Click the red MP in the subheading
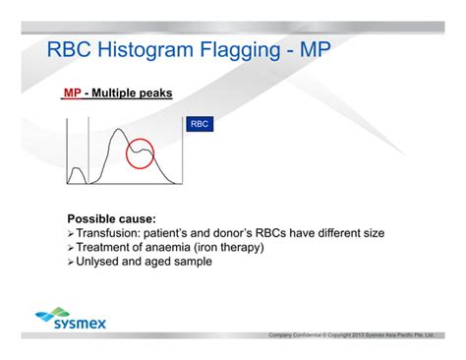(x=71, y=93)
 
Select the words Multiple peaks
(x=134, y=93)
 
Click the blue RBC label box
(x=199, y=125)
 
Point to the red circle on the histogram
(x=143, y=152)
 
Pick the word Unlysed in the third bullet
(x=101, y=263)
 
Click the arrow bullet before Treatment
(x=71, y=248)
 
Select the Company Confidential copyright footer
(x=365, y=336)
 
